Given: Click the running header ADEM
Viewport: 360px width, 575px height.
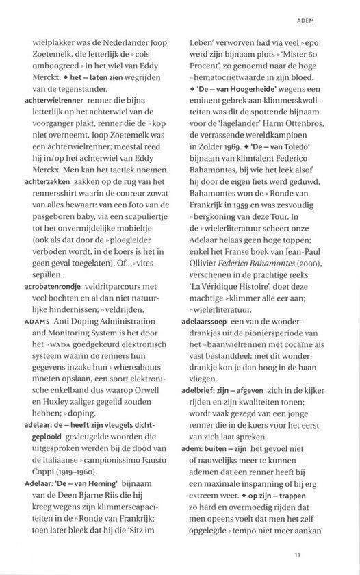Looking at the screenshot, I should click(324, 21).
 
